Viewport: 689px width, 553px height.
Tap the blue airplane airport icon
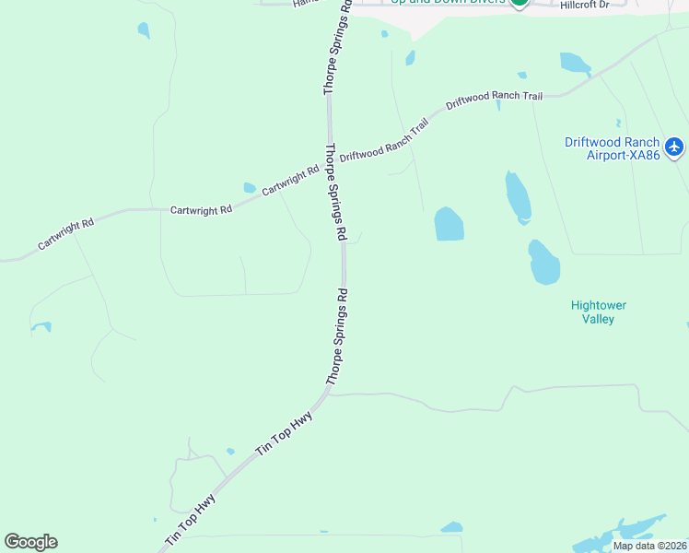(x=674, y=147)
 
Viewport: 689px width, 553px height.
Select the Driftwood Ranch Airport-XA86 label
(x=612, y=148)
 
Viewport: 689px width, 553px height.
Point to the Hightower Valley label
(x=598, y=312)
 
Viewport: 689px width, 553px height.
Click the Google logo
(x=30, y=542)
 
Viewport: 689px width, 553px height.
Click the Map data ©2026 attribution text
(x=648, y=546)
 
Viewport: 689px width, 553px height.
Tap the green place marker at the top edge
(x=520, y=3)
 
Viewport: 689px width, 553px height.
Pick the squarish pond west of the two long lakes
(x=449, y=224)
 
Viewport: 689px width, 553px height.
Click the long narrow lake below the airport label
(x=518, y=196)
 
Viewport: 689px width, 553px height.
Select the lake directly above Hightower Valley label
(x=543, y=263)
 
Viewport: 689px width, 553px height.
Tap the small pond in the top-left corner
(x=143, y=30)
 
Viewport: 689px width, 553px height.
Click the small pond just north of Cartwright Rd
(x=250, y=188)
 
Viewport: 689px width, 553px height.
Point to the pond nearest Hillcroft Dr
(x=575, y=63)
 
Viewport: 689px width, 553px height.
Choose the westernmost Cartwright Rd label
(x=65, y=235)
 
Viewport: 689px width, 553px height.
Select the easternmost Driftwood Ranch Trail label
(x=494, y=100)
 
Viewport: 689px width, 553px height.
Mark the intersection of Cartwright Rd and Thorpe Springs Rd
(x=329, y=163)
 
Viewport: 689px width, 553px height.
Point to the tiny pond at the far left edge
(x=41, y=326)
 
